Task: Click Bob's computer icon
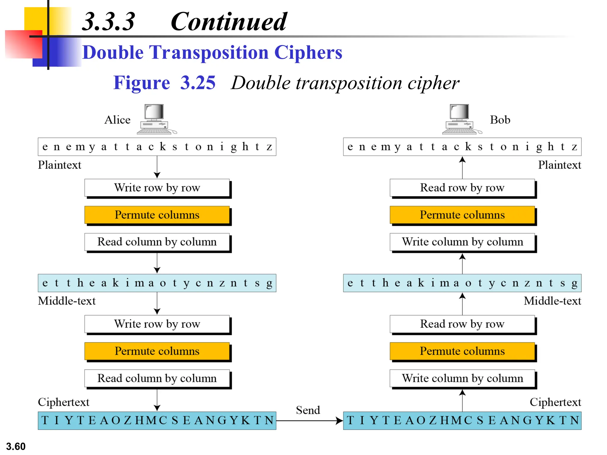(461, 119)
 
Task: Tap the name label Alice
(117, 120)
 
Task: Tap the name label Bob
(500, 120)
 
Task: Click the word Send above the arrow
(308, 410)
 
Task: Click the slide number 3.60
(16, 446)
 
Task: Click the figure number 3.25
(198, 83)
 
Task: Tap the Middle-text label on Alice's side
(67, 301)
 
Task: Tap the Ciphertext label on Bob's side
(555, 402)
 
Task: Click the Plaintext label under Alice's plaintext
(59, 165)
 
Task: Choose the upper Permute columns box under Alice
(157, 215)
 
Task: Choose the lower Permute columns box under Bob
(462, 351)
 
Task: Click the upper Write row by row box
(157, 188)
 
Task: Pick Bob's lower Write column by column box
(462, 378)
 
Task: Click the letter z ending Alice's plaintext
(269, 147)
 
